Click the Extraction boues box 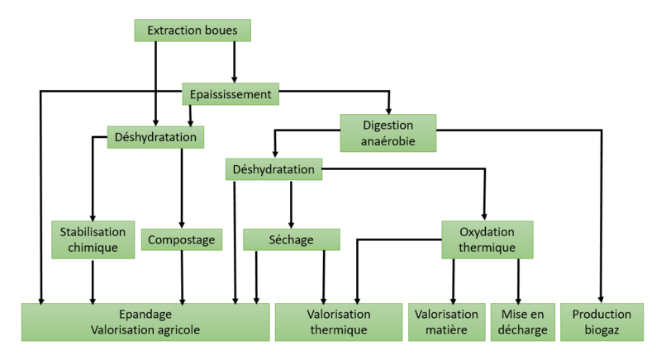[192, 31]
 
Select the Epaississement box [230, 94]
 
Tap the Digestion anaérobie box [388, 133]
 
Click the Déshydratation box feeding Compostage [155, 136]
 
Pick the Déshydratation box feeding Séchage [273, 170]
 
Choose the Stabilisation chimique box [92, 239]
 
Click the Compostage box [182, 240]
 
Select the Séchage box [291, 239]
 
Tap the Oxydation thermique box [487, 239]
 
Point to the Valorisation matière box [446, 322]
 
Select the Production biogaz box [601, 322]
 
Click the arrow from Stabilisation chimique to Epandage [92, 281]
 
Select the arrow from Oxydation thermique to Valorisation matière [454, 281]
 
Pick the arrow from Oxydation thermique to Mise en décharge [519, 281]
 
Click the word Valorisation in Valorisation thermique [339, 315]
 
